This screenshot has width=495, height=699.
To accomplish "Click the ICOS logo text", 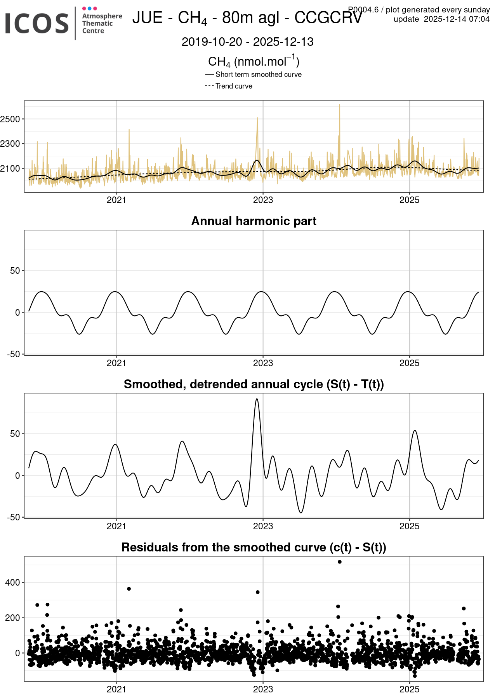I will (37, 23).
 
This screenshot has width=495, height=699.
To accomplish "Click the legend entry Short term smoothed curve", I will (258, 75).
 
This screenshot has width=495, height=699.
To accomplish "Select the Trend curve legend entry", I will (234, 86).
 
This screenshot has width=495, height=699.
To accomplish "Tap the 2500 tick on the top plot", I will (10, 119).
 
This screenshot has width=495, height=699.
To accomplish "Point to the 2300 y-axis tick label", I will (10, 144).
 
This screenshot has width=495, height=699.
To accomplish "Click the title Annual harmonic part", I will (254, 221).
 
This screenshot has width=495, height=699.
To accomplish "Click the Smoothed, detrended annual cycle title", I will (254, 384).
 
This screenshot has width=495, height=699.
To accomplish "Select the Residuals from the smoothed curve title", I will (254, 547).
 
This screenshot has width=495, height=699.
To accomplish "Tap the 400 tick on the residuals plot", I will (13, 582).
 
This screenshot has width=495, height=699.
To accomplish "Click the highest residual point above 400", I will (340, 562).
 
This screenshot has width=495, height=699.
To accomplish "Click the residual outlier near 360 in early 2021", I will (129, 589).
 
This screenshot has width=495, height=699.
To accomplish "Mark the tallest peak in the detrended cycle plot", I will (257, 399).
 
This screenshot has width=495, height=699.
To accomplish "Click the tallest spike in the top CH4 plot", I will (340, 105).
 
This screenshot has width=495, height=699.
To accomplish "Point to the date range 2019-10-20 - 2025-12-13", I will (247, 42).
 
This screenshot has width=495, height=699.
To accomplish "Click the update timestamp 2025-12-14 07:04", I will (456, 19).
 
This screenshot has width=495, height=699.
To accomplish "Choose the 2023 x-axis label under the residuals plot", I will (263, 689).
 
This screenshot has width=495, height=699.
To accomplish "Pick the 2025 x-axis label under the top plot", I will (409, 200).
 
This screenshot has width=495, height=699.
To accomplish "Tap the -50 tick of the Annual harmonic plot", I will (13, 354).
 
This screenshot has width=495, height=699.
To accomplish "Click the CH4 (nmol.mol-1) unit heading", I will (254, 62).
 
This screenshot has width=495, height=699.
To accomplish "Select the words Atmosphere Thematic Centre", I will (102, 23).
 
